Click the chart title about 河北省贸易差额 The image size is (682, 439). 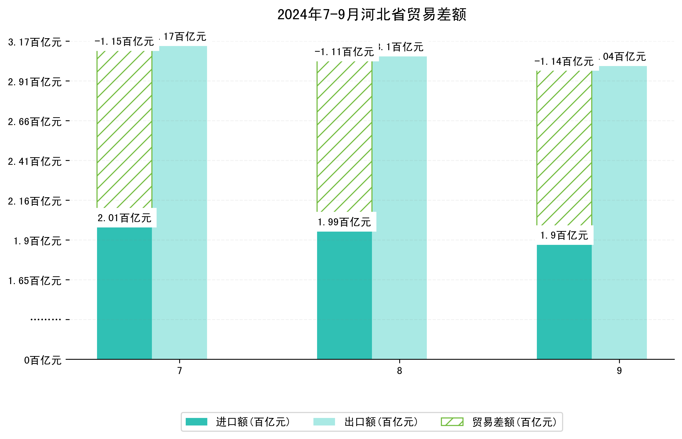pos(371,15)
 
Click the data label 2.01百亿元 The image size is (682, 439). pos(124,218)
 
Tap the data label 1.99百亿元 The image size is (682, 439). pos(344,222)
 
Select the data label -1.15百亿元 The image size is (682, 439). pos(124,42)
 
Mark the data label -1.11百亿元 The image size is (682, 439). pos(344,52)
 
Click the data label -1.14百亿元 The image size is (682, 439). pos(564,62)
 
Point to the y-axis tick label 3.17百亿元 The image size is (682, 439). pos(35,42)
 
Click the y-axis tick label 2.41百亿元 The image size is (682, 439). pos(35,162)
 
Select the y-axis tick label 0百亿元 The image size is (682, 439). pos(43,360)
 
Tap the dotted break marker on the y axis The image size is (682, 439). pos(46,319)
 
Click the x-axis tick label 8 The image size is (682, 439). pos(399,371)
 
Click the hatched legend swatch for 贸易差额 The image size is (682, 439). pos(452,422)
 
